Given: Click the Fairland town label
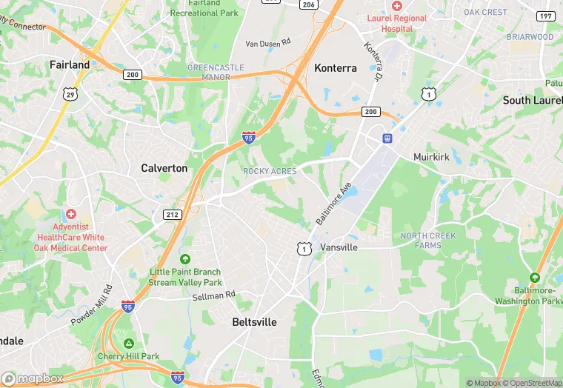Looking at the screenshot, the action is [x=70, y=64].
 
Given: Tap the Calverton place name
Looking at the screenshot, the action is [x=164, y=168].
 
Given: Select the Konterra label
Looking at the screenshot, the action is [x=336, y=68].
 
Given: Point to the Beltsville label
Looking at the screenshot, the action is [x=254, y=322].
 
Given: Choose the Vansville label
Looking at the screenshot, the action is [x=339, y=247].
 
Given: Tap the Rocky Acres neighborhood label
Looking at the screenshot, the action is [x=270, y=171].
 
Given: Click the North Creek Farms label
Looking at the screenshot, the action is [x=428, y=241].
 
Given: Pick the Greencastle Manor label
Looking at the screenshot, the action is [x=216, y=72].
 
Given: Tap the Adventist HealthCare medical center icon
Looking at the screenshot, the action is [x=72, y=213].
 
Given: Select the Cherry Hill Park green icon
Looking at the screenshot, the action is [x=129, y=344].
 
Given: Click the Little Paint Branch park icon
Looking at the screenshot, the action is [x=185, y=258].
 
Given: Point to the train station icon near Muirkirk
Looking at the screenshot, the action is [x=387, y=138].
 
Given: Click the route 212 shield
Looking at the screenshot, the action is [x=173, y=214].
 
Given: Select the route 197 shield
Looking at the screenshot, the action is [x=546, y=16].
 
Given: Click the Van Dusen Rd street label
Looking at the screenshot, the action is [x=269, y=44].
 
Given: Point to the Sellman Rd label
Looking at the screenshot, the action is [x=213, y=295].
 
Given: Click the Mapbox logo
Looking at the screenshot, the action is [x=32, y=378].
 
